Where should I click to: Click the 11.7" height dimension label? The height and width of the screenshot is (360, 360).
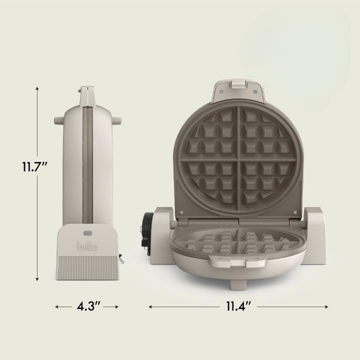point(34,166)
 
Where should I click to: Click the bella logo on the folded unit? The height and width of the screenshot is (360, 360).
point(87,246)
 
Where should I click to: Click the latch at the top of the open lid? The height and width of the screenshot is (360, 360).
point(238,85)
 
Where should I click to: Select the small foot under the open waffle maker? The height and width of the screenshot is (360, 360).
point(238,284)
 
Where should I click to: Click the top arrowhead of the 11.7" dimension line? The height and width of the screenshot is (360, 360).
point(37,88)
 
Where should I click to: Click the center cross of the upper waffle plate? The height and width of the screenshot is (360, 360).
point(238,158)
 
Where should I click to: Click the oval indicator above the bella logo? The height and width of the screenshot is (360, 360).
point(87,233)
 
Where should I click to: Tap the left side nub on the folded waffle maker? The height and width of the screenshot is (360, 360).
point(58,120)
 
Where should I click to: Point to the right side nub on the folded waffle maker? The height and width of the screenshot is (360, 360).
point(116,120)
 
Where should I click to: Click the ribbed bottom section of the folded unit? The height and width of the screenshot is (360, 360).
point(87,268)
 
